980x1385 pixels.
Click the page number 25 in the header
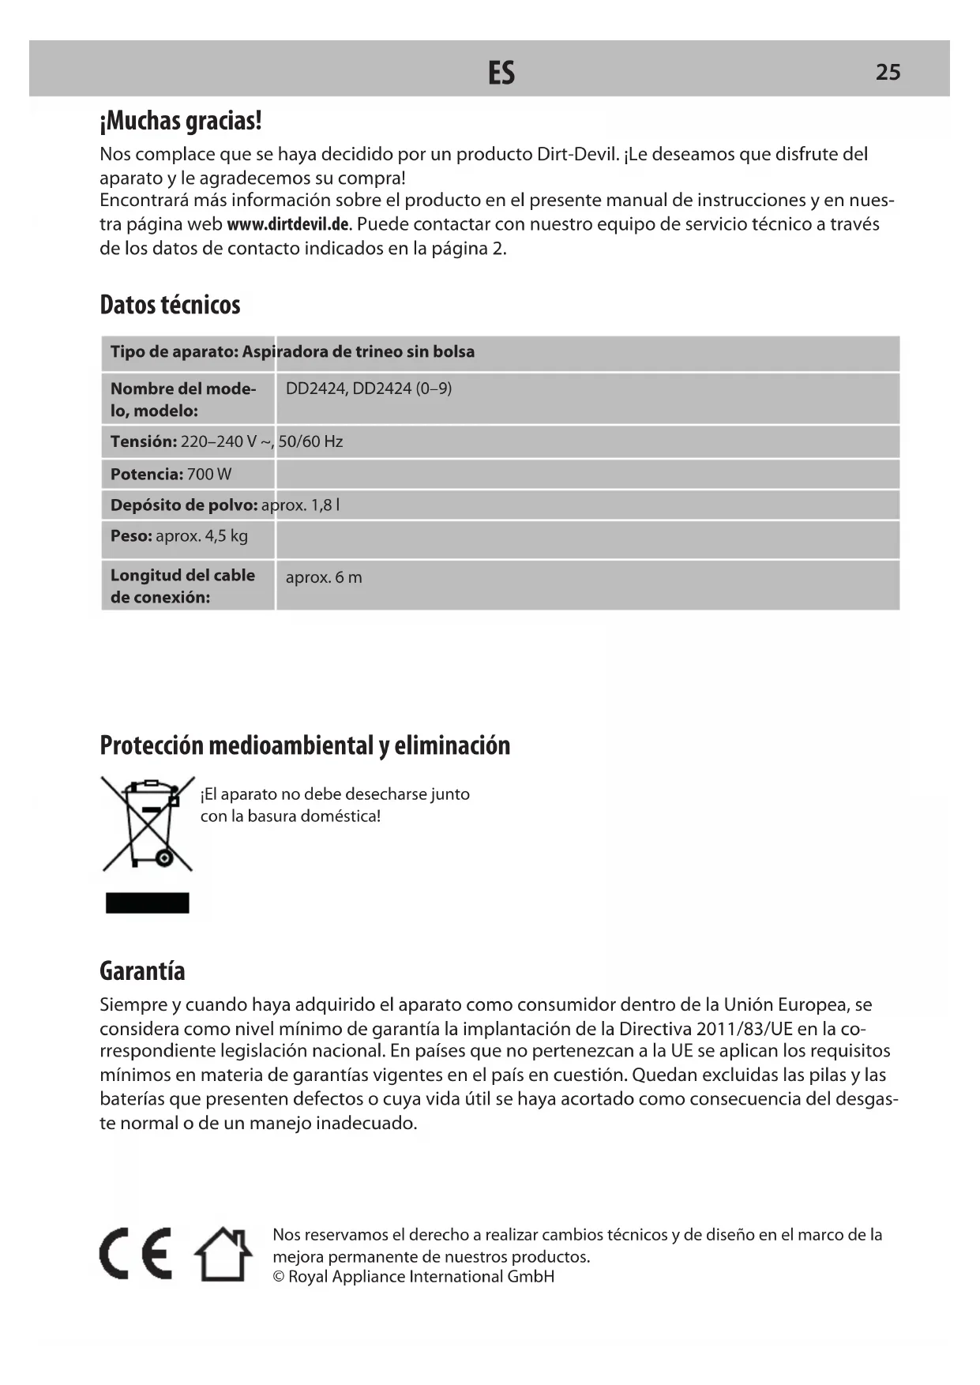coord(888,72)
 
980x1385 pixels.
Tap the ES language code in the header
coord(501,73)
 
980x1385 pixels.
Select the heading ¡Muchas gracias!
coord(181,121)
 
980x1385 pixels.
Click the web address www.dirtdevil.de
coord(287,224)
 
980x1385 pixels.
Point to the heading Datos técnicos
coord(170,304)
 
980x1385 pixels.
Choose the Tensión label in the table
coord(143,441)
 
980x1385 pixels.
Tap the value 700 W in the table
coord(209,474)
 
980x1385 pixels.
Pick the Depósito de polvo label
coord(184,505)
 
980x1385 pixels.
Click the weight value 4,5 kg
coord(226,536)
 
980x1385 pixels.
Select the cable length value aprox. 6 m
coord(324,577)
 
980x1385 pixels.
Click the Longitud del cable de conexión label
coord(182,586)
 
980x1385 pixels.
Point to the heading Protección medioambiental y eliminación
coord(305,745)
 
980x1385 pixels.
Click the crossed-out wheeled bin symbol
coord(148,824)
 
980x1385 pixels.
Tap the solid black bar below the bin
coord(148,903)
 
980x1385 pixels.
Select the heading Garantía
coord(142,970)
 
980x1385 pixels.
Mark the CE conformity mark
coord(136,1254)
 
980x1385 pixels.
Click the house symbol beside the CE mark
coord(223,1254)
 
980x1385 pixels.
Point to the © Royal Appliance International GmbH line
coord(413,1277)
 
